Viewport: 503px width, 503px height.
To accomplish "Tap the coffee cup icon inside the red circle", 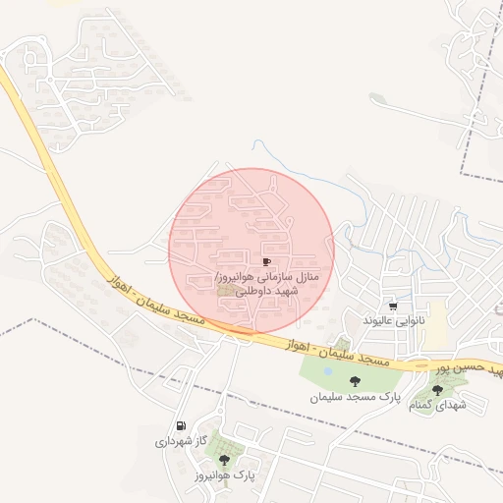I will tap(266, 261).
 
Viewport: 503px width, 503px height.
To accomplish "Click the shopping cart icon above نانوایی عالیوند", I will tap(393, 306).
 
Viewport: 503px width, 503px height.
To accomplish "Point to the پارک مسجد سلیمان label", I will tap(343, 398).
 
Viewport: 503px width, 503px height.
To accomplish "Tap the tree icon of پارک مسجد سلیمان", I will tap(355, 381).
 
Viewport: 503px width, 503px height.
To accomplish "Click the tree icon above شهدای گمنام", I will tap(437, 390).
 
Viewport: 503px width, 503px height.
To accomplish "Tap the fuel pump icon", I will tap(180, 426).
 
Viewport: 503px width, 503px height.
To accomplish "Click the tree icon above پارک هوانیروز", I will tap(225, 459).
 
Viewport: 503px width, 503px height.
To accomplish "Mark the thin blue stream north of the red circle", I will tap(295, 162).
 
